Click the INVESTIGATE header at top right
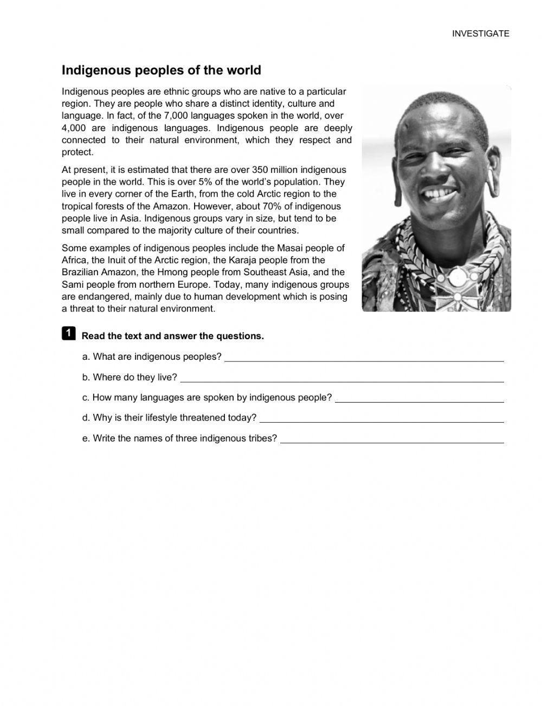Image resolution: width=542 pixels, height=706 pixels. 481,34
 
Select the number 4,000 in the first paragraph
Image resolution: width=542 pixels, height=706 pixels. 74,128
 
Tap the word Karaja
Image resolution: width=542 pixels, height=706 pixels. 235,260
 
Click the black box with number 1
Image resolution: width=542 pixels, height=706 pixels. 68,333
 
